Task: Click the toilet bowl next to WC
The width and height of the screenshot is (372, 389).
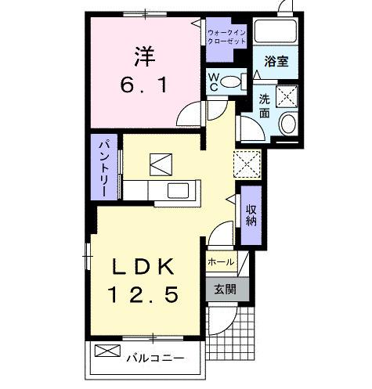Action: click(232, 80)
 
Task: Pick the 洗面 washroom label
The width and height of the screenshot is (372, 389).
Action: click(264, 106)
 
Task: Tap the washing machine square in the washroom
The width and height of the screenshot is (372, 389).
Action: click(284, 98)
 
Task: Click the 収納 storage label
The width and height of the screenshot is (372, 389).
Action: click(251, 215)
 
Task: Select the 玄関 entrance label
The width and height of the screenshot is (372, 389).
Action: click(225, 289)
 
